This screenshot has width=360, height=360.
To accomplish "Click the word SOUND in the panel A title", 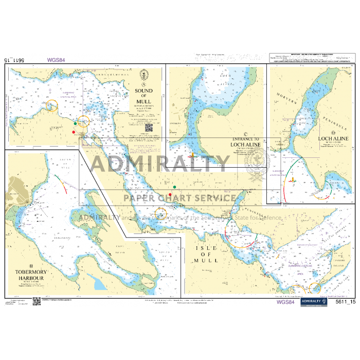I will (x=143, y=91).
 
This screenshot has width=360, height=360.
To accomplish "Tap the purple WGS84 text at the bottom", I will (x=285, y=302).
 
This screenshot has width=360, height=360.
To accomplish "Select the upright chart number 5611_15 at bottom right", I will (x=345, y=302).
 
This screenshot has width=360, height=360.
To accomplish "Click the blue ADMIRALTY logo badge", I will (x=313, y=302).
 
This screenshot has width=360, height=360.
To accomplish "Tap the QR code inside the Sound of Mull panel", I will (x=149, y=128).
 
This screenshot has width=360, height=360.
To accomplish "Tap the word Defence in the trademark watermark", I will (x=269, y=218).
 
